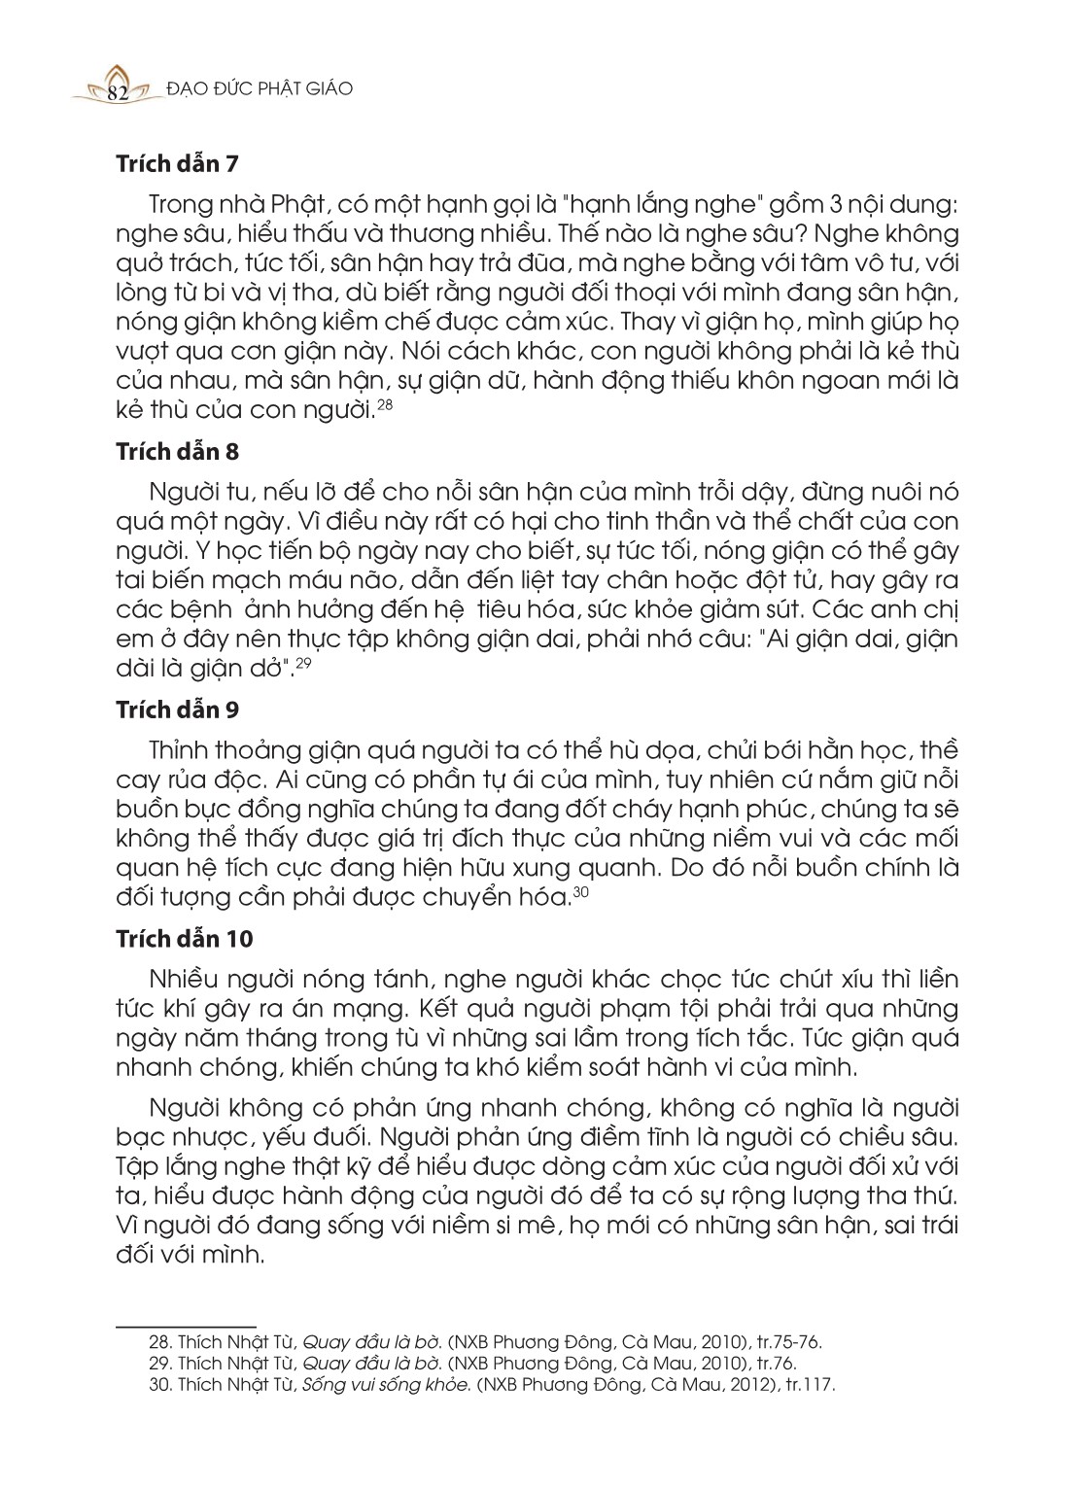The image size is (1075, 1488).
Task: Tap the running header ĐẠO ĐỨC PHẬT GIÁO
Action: pyautogui.click(x=260, y=89)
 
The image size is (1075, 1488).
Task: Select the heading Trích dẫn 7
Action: pyautogui.click(x=177, y=163)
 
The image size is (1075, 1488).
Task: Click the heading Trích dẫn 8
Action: pyautogui.click(x=177, y=452)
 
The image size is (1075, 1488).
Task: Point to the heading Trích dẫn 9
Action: pyautogui.click(x=177, y=709)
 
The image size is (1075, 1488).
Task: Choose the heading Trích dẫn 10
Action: pyautogui.click(x=184, y=939)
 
